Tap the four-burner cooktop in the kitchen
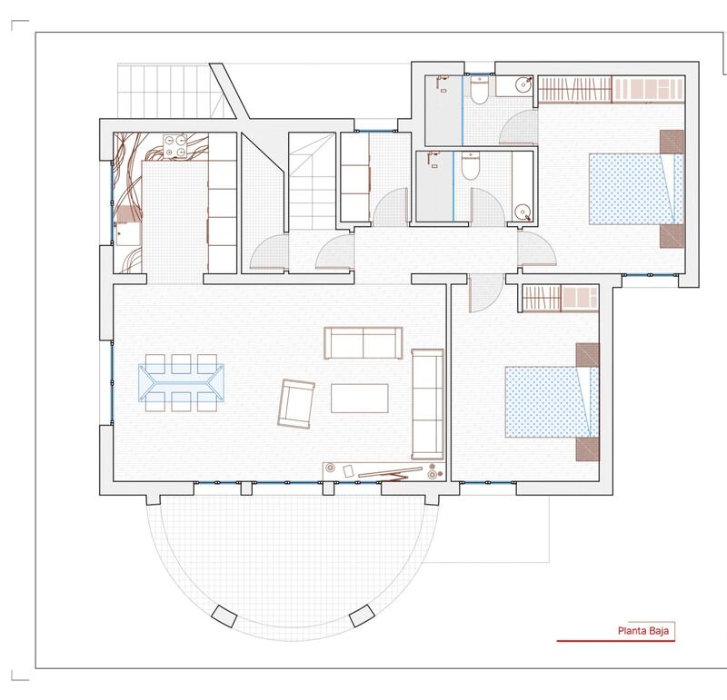[178, 145]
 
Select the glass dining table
[182, 381]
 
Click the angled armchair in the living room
[295, 403]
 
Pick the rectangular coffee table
[359, 399]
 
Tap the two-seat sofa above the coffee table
[363, 342]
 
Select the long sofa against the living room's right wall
[425, 403]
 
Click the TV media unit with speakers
[382, 470]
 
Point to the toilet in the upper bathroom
[480, 89]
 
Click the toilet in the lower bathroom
[470, 168]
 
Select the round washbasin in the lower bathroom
[522, 212]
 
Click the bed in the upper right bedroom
[634, 188]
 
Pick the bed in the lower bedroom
[550, 400]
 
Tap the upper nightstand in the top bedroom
[671, 142]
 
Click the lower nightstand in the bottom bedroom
[587, 449]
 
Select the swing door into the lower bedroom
[483, 292]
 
